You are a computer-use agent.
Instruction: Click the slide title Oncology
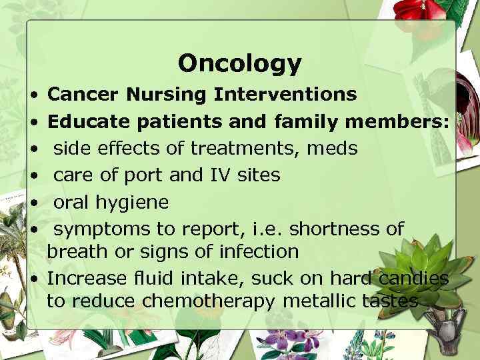click(x=239, y=63)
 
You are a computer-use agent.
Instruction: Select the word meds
click(x=332, y=148)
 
